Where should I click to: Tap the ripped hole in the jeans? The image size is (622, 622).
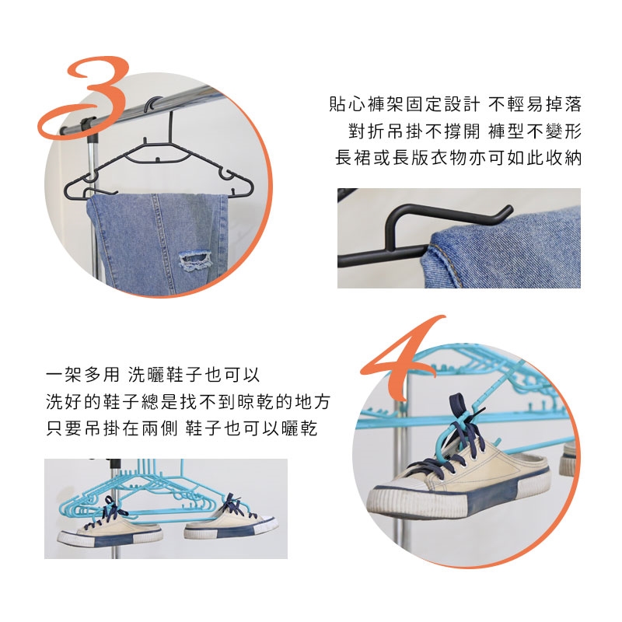tap(194, 260)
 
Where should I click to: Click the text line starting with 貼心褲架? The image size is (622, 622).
tap(456, 104)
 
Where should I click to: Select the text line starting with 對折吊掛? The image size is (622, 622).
tap(465, 131)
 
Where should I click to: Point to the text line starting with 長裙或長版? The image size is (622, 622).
tap(458, 158)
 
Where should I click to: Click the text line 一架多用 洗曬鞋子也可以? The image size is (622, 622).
tap(152, 375)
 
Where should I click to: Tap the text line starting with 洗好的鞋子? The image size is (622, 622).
tap(188, 401)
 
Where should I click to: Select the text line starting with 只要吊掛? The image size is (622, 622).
tap(182, 428)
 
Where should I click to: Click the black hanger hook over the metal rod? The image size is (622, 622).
tap(157, 107)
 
